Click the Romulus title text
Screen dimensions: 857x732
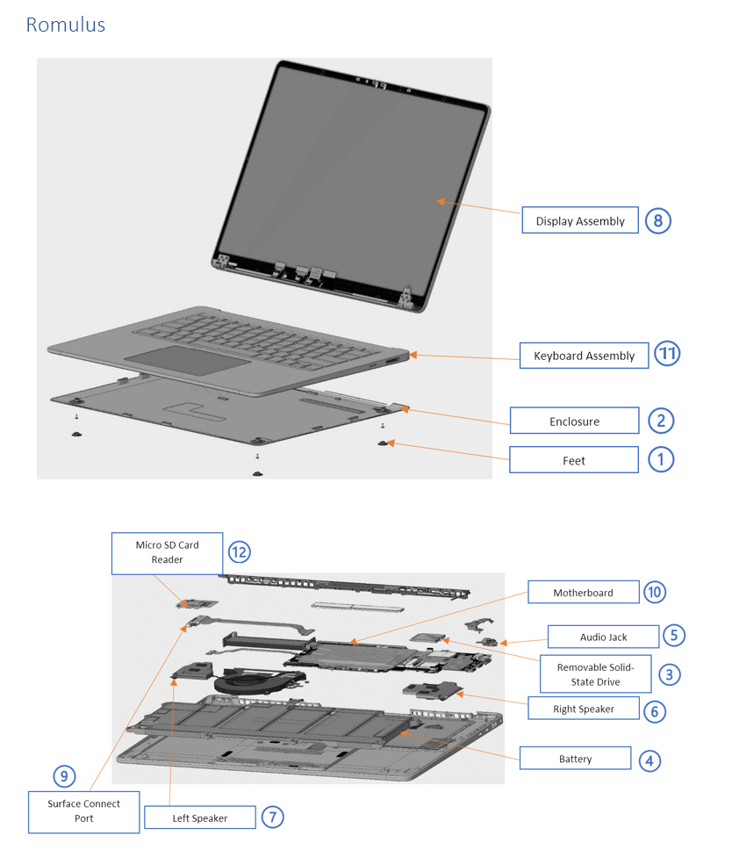(66, 25)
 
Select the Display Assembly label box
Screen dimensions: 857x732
(579, 221)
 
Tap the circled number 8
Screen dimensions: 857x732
(657, 220)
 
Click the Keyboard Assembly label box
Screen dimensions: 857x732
(584, 356)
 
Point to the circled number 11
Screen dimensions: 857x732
(668, 354)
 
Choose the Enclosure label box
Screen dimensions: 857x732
(574, 421)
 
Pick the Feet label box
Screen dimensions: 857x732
(574, 460)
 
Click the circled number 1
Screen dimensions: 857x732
(661, 458)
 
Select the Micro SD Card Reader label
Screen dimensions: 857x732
(167, 552)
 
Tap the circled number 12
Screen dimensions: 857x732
(239, 551)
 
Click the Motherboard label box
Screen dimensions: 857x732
(583, 593)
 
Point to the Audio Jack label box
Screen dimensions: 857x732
(604, 637)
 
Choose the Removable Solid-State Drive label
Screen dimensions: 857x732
(595, 674)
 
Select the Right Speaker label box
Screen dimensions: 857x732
(583, 709)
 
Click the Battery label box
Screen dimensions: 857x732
(575, 759)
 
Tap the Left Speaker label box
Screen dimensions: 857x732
(199, 817)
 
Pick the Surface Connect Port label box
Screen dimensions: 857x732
(83, 810)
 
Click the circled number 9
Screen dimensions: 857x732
(63, 775)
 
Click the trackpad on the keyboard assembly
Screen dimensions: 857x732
(185, 360)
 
